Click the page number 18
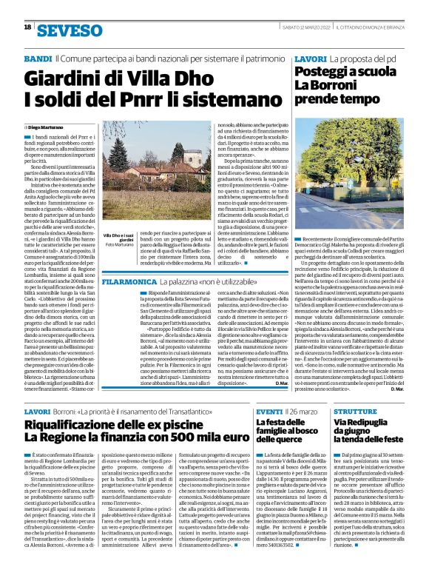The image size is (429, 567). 27,27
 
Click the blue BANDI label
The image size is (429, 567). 38,58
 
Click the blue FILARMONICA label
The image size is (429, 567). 128,261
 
